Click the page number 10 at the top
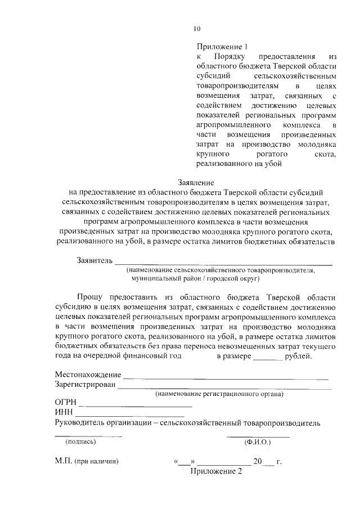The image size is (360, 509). point(196,29)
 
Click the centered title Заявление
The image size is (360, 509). point(196,183)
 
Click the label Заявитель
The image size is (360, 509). point(94,261)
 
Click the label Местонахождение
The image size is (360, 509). point(88,375)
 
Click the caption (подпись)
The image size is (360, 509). point(80,442)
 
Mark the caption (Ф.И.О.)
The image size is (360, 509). point(257,442)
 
